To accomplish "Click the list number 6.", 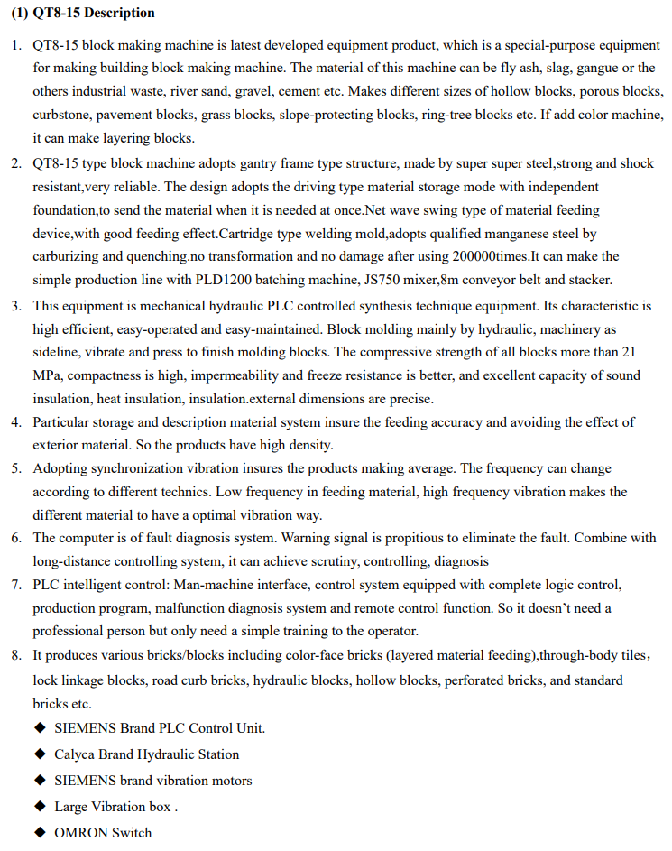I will coord(16,538).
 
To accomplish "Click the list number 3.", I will coord(16,304).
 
